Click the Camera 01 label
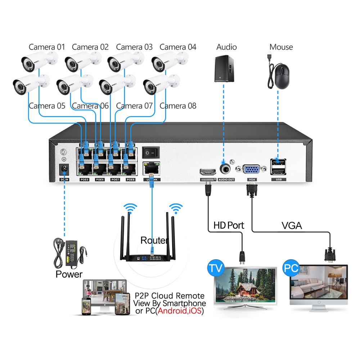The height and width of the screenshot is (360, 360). coord(47,47)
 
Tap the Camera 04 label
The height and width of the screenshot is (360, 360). coord(178,47)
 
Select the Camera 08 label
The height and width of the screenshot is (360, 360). coord(178,106)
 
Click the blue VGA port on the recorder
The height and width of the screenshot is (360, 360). coord(252,170)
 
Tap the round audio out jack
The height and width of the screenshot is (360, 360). coord(226,169)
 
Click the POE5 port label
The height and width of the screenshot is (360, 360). coord(84,179)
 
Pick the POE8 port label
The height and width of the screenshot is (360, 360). coord(131,179)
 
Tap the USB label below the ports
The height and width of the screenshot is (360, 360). coord(278,179)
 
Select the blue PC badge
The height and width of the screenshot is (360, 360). coord(291,268)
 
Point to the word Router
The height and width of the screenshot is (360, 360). coord(154,240)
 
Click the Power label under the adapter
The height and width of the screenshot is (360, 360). coord(69,274)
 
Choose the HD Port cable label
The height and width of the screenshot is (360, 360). coord(229,226)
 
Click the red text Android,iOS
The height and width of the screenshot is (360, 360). coord(179,310)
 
